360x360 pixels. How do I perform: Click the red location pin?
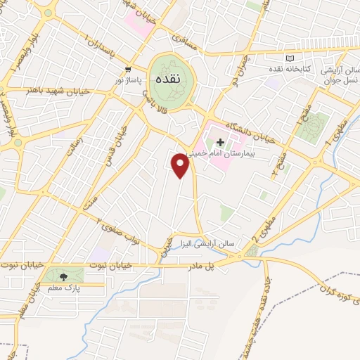point(181,165)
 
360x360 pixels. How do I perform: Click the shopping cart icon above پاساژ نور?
point(128,70)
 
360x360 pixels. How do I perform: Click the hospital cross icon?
point(219,142)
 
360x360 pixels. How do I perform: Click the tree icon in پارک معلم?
point(65,276)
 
